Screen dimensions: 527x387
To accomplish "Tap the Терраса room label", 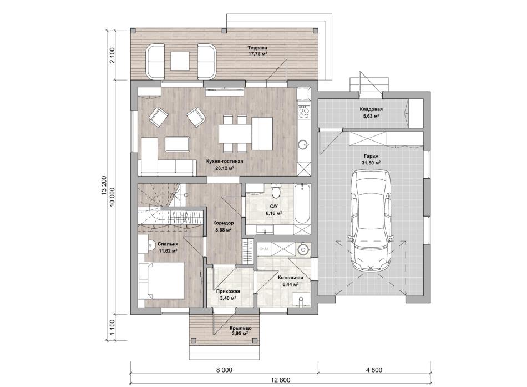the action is (257, 47).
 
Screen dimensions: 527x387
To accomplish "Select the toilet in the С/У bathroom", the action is (276, 190).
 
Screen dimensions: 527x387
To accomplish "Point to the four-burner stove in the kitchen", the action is (304, 112).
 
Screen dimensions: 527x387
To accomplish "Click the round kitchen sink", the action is (303, 145).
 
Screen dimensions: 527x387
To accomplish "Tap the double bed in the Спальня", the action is (161, 280).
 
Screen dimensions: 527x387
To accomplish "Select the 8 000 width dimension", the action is (224, 370).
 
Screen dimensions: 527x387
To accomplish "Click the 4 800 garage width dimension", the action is (374, 370).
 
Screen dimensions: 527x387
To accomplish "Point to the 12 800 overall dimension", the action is (280, 380).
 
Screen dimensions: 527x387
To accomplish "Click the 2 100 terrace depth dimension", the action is (112, 55).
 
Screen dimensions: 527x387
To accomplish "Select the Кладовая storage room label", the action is (371, 109).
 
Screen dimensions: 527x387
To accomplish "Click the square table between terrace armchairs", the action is (180, 61).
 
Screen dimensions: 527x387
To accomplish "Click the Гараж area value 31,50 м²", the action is (371, 163).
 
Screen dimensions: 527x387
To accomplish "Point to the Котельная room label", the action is (291, 278).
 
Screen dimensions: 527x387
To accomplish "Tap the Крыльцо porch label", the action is (241, 328).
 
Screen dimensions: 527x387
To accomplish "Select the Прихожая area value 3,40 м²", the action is (228, 298).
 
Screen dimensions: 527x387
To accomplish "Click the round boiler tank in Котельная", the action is (303, 249).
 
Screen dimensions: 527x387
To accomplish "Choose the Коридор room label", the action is (224, 223).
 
